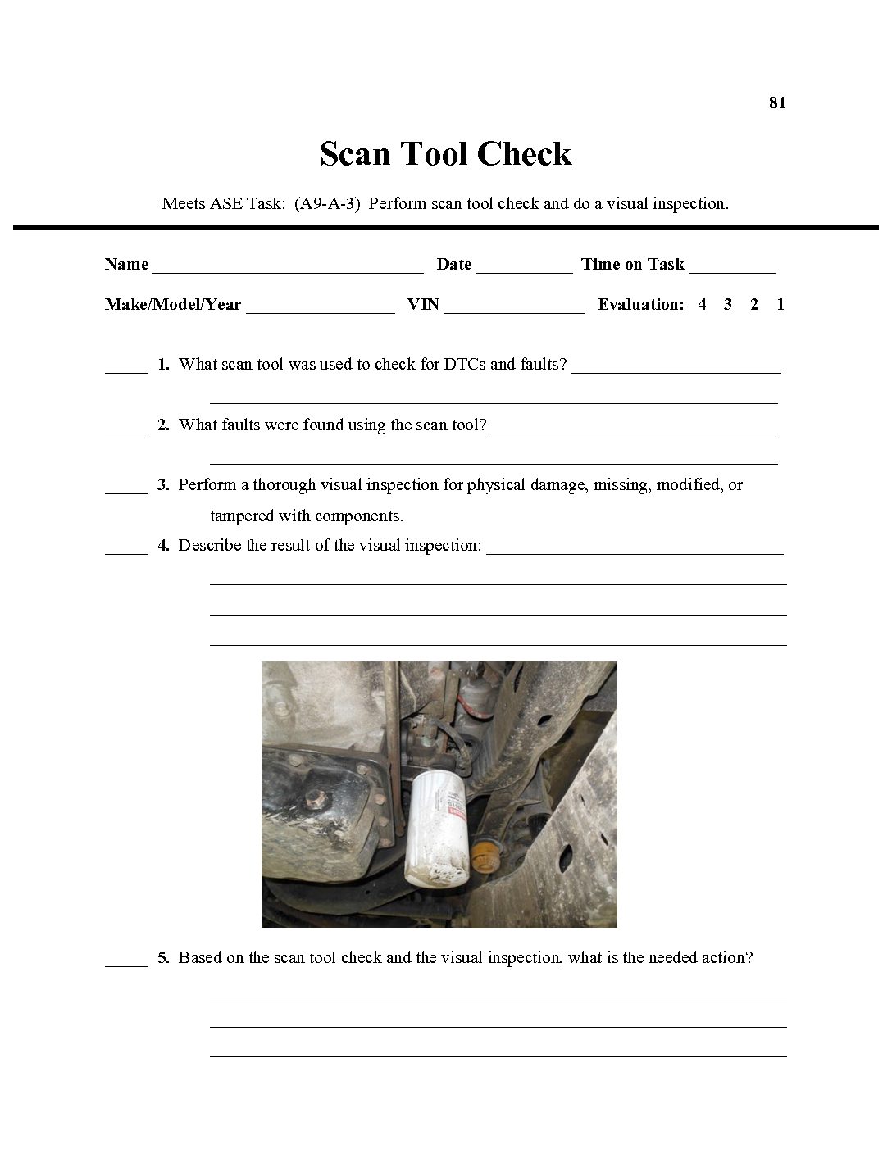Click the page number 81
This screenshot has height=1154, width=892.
[777, 102]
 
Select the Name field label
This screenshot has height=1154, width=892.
[127, 264]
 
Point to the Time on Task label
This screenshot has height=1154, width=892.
[632, 264]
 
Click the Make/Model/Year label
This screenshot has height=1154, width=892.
[173, 304]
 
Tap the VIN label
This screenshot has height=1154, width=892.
[423, 304]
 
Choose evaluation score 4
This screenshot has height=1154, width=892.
[702, 304]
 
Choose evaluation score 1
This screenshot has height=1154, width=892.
[780, 304]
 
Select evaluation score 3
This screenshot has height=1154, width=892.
[728, 304]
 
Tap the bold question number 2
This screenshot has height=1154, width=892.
[163, 425]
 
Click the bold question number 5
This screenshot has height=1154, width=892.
[163, 957]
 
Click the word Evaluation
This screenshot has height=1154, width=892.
[640, 304]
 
